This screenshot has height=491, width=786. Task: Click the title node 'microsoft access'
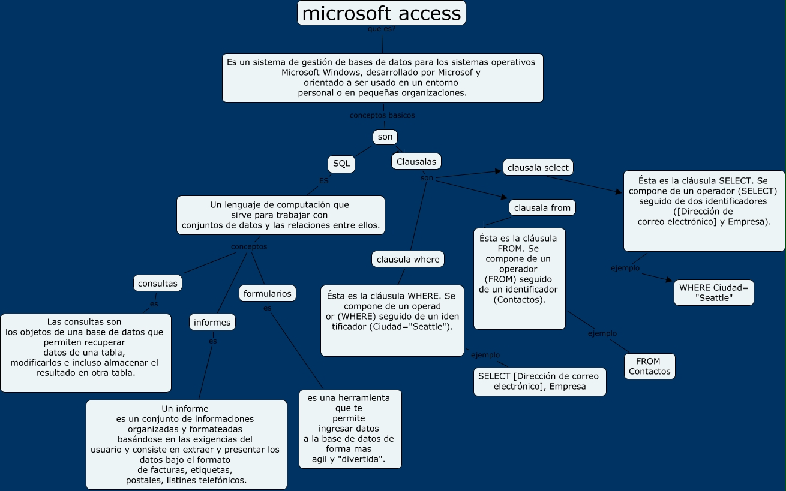(382, 13)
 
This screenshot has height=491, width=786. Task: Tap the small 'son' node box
(385, 137)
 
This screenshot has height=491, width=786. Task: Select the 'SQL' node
(341, 164)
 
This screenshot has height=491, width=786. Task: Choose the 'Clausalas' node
(416, 161)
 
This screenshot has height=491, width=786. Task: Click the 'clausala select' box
(538, 168)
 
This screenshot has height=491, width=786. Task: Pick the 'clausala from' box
(542, 207)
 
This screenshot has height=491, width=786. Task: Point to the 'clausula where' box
(408, 259)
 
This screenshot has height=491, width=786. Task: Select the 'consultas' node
(158, 283)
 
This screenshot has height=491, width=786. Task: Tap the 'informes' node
(212, 322)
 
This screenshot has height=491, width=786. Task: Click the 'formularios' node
(268, 293)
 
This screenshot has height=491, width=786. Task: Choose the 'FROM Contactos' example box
(649, 366)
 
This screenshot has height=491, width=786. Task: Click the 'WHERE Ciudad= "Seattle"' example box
(714, 293)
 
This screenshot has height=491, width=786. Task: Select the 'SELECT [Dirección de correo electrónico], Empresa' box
(539, 381)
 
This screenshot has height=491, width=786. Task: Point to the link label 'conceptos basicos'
(382, 115)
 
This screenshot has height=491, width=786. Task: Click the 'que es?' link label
(381, 29)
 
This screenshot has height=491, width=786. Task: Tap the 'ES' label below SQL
(324, 180)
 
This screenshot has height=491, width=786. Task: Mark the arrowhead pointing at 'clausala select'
(498, 171)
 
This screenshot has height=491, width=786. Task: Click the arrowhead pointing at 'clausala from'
(505, 197)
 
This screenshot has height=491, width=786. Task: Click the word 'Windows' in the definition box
(340, 72)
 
